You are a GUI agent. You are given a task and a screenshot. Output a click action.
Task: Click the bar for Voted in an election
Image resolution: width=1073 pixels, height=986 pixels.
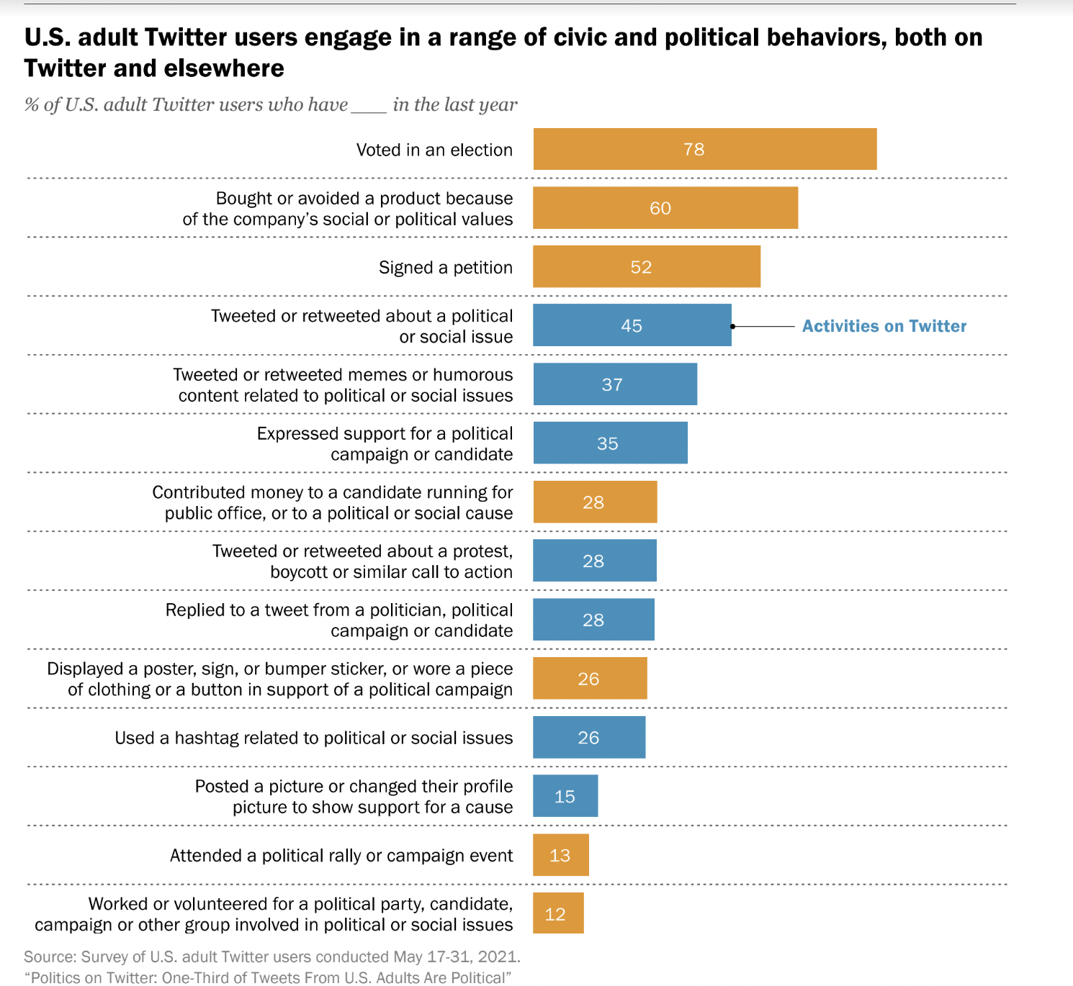704,149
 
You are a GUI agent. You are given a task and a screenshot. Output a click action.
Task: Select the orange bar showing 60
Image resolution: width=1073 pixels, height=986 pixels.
665,208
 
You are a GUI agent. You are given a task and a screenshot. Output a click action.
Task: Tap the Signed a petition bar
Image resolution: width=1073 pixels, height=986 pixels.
646,267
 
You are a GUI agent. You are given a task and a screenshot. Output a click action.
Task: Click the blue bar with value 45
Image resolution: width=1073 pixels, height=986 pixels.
632,325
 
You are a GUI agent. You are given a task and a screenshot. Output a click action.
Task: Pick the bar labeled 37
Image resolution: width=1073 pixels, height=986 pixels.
614,384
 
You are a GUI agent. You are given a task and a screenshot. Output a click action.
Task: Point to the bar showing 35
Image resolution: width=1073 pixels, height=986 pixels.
610,443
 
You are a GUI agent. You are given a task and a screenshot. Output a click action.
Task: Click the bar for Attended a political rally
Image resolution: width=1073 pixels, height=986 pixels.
560,855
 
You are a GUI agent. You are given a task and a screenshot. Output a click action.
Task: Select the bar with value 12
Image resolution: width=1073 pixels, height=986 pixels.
558,913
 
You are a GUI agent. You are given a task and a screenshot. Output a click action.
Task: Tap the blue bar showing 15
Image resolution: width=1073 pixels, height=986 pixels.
565,796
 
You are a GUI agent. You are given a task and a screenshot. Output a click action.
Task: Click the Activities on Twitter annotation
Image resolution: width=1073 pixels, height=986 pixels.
884,326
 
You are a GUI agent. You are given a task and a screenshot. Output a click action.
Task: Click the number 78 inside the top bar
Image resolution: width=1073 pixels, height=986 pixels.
693,149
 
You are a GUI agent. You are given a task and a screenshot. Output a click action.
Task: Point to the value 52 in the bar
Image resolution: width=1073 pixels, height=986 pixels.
641,267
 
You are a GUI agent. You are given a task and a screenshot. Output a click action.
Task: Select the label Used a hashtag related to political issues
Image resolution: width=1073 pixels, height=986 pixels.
313,738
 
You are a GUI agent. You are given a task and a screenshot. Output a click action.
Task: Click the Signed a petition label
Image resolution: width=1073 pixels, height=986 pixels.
445,268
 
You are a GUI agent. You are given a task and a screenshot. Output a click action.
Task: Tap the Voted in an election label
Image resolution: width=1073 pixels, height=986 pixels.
434,150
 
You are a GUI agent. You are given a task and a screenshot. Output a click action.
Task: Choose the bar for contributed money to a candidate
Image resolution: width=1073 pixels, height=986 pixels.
595,502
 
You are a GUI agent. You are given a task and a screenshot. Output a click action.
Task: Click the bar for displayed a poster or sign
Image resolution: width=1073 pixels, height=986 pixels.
590,679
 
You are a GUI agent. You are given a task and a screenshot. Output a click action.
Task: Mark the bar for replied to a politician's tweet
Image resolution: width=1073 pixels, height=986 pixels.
593,620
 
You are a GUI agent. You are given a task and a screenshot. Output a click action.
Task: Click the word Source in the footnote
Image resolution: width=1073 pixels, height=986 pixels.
50,956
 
